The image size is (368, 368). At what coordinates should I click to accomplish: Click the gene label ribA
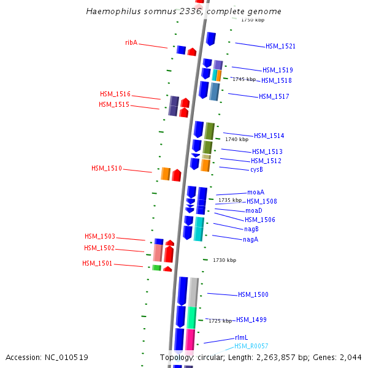click(131, 42)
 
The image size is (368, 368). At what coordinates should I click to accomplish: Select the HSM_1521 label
click(280, 47)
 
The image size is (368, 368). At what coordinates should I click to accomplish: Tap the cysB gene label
click(257, 169)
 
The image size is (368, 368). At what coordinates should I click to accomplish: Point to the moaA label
click(256, 192)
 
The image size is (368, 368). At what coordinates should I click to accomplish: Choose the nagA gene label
click(250, 239)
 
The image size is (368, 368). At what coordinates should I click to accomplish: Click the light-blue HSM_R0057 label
click(251, 346)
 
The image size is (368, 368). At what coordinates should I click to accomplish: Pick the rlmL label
click(241, 337)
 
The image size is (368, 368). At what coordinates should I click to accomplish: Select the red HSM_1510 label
click(107, 168)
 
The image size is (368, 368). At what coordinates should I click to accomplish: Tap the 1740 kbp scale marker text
click(237, 140)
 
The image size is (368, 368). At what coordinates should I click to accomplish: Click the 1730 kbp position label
click(224, 260)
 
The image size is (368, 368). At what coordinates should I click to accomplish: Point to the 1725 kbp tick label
click(220, 321)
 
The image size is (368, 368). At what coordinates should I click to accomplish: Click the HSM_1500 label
click(253, 295)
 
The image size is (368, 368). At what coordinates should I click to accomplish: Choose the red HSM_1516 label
click(115, 94)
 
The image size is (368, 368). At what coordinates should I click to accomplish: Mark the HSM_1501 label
click(98, 264)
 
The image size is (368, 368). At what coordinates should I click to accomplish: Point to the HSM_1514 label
click(269, 136)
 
